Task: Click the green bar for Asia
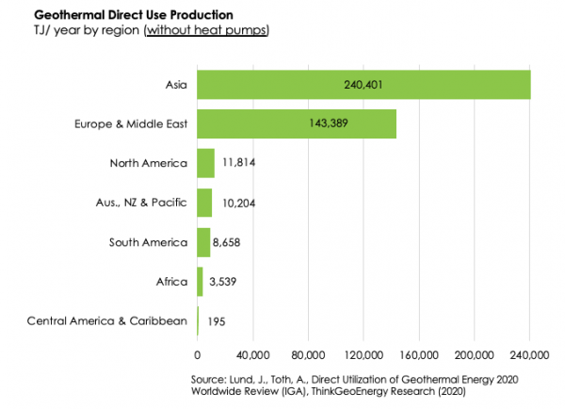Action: point(363,86)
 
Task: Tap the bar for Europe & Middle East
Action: point(296,124)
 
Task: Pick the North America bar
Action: point(205,163)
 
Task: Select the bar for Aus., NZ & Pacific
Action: point(204,202)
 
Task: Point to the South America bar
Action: point(203,241)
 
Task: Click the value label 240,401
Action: point(363,86)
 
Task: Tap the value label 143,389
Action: point(296,124)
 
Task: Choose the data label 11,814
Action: point(239,163)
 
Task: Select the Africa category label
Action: point(172,280)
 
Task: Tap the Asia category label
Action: point(176,85)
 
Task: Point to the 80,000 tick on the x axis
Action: point(308,355)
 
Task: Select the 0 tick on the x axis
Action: point(197,355)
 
